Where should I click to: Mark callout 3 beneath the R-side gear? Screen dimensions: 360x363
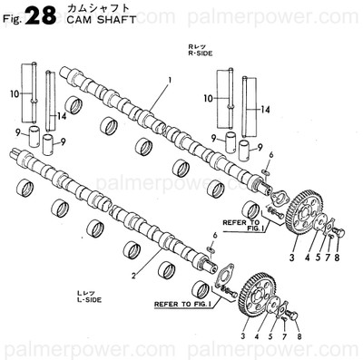click(291, 258)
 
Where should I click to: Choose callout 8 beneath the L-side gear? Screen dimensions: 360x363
click(300, 336)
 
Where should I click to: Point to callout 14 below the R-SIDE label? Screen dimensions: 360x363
click(266, 110)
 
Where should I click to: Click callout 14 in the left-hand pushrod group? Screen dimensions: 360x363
click(63, 116)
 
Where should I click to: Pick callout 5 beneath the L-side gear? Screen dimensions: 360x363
click(270, 336)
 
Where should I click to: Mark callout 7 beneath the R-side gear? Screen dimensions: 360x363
click(329, 258)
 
